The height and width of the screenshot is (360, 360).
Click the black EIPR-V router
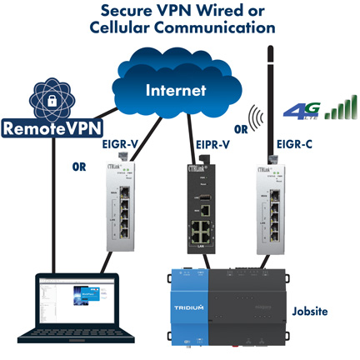[x=199, y=212]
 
